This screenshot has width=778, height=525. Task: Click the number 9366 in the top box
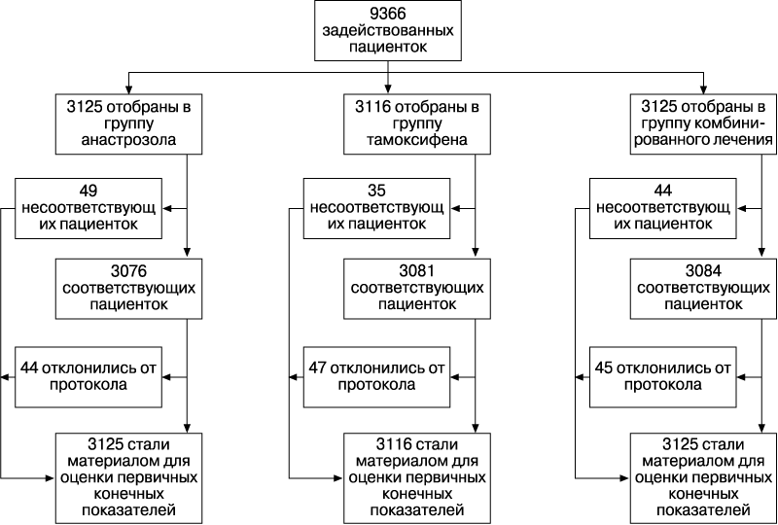click(388, 13)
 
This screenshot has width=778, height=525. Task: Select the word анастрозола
click(128, 140)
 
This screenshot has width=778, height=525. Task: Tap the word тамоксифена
click(417, 140)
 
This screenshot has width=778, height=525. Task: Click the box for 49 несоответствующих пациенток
click(88, 208)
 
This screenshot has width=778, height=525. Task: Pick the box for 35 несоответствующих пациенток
click(376, 208)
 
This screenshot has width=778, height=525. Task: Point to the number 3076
click(128, 271)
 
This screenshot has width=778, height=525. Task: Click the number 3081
click(417, 271)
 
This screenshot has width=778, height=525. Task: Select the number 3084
click(703, 271)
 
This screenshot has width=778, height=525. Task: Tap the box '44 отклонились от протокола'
click(88, 377)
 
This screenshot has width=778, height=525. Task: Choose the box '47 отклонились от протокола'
click(376, 377)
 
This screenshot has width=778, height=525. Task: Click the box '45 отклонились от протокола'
click(663, 377)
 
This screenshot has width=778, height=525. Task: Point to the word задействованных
click(388, 30)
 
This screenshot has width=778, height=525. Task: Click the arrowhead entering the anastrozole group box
click(128, 89)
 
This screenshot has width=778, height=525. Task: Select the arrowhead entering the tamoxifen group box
click(388, 89)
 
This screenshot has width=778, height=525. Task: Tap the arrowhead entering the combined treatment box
click(703, 89)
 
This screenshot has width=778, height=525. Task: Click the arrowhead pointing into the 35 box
click(454, 208)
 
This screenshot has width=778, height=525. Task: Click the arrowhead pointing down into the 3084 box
click(762, 254)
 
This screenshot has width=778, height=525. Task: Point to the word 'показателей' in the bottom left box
click(128, 510)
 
